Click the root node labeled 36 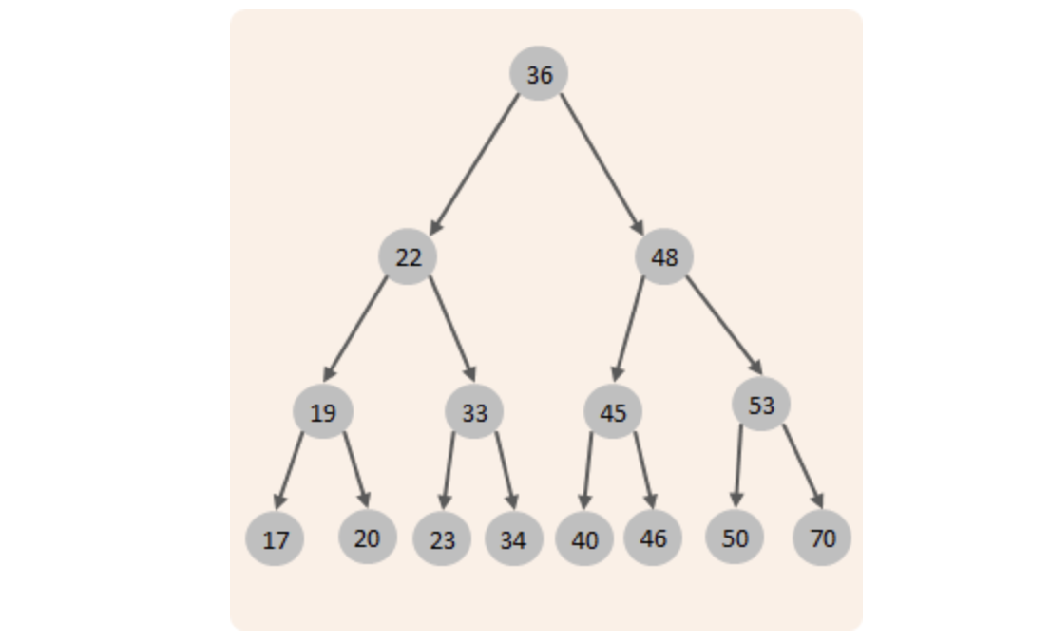pyautogui.click(x=539, y=74)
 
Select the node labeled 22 pyautogui.click(x=409, y=256)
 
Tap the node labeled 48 pyautogui.click(x=664, y=256)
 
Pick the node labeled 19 pyautogui.click(x=323, y=412)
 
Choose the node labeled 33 pyautogui.click(x=474, y=412)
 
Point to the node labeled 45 pyautogui.click(x=613, y=412)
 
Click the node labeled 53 pyautogui.click(x=761, y=404)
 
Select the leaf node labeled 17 pyautogui.click(x=275, y=538)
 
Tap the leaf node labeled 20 pyautogui.click(x=368, y=537)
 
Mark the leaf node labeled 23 pyautogui.click(x=442, y=538)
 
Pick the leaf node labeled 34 pyautogui.click(x=514, y=538)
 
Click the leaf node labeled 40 pyautogui.click(x=584, y=538)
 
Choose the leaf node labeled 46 pyautogui.click(x=653, y=538)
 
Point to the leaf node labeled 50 pyautogui.click(x=735, y=537)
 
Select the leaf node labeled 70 pyautogui.click(x=822, y=538)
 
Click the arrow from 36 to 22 pyautogui.click(x=474, y=165)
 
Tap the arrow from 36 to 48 pyautogui.click(x=602, y=165)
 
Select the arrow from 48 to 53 pyautogui.click(x=724, y=326)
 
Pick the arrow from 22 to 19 pyautogui.click(x=355, y=329)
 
